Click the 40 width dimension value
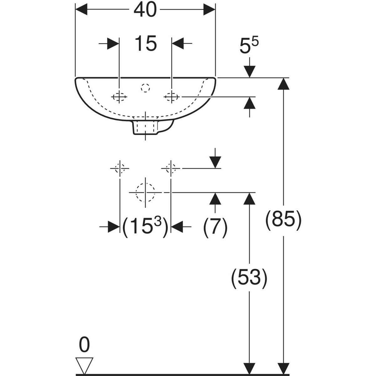pyautogui.click(x=145, y=10)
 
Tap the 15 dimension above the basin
pyautogui.click(x=146, y=43)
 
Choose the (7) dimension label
pyautogui.click(x=215, y=228)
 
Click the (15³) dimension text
pyautogui.click(x=145, y=227)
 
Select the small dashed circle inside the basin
pyautogui.click(x=145, y=88)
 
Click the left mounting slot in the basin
pyautogui.click(x=119, y=97)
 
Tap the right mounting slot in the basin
pyautogui.click(x=171, y=97)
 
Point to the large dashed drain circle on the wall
pyautogui.click(x=145, y=193)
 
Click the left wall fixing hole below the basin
pyautogui.click(x=120, y=168)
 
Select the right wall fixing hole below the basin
pyautogui.click(x=171, y=168)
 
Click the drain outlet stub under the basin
pyautogui.click(x=145, y=127)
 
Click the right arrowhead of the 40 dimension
pyautogui.click(x=209, y=9)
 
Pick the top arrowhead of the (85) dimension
pyautogui.click(x=283, y=84)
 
